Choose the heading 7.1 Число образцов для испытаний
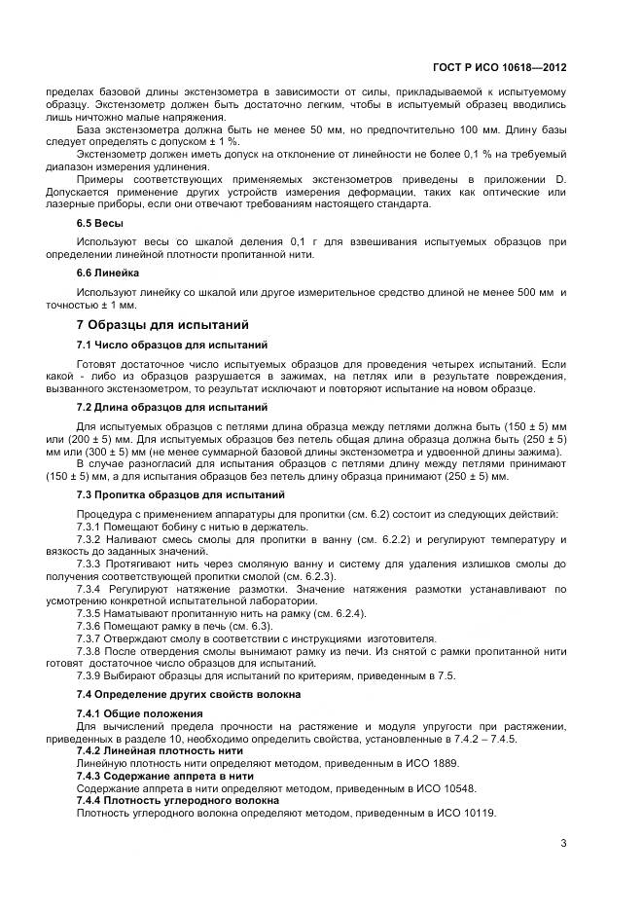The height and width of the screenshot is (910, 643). pyautogui.click(x=167, y=345)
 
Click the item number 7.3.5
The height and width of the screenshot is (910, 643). pyautogui.click(x=89, y=614)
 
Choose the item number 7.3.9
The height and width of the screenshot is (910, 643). pyautogui.click(x=89, y=675)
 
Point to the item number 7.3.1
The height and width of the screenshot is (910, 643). pyautogui.click(x=89, y=527)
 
